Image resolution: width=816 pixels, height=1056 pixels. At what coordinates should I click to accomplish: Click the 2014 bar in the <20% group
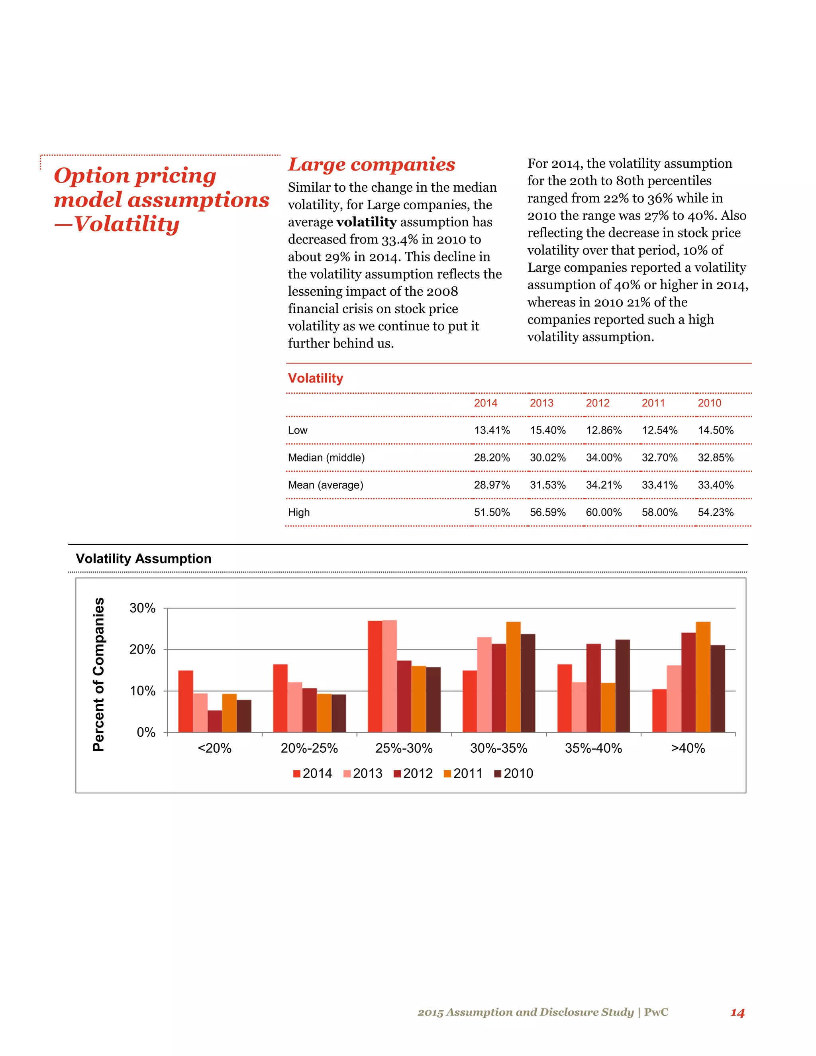coord(186,701)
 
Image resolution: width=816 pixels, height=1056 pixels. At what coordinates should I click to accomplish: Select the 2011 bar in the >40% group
coord(703,677)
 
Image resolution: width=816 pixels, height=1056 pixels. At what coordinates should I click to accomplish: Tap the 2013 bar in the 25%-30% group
coord(390,676)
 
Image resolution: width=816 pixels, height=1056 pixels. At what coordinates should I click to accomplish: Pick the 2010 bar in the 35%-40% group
coord(623,686)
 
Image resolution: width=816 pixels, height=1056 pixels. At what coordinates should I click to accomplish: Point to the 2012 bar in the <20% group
coord(215,721)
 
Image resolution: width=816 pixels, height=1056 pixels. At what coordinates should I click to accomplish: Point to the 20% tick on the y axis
coord(143,650)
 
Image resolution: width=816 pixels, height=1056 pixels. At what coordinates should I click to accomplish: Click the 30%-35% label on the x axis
coord(498,748)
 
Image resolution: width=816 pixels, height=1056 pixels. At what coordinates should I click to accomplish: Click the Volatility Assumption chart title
coord(143,558)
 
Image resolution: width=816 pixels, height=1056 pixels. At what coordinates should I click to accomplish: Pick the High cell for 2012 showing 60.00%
coord(603,512)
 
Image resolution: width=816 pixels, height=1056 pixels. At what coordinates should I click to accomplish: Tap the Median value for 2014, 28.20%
coord(492,457)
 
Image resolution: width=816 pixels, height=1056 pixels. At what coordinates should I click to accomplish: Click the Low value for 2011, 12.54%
coord(659,430)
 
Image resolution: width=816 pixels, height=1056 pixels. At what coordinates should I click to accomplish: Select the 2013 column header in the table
coord(541,403)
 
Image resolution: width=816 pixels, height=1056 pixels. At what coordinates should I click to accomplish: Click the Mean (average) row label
coord(326,485)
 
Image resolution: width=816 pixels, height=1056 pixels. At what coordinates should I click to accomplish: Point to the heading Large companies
coord(371,165)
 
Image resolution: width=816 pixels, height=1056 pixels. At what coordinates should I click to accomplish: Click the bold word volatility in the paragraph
coord(367,222)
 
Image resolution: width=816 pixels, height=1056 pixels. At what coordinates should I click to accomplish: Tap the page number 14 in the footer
coord(737,1012)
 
